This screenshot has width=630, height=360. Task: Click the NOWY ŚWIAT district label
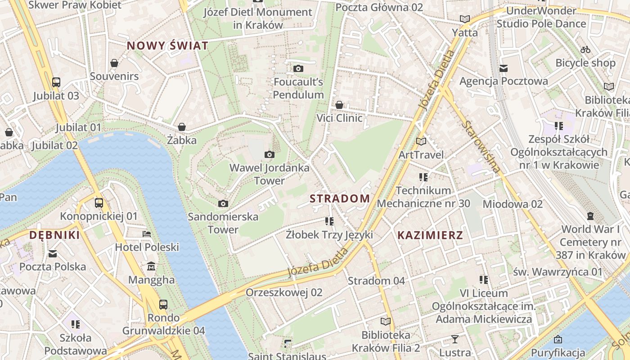167,45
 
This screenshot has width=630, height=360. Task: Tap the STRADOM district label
340,198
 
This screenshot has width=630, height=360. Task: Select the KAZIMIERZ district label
430,235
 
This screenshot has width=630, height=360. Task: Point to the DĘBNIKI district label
54,235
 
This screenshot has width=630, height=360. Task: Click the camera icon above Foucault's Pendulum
298,68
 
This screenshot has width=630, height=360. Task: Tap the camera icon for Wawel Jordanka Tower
270,155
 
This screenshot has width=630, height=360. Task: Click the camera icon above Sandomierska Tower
223,203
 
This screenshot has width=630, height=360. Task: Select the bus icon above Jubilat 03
56,82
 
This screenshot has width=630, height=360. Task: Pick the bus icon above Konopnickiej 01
99,203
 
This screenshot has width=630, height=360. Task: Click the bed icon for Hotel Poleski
147,234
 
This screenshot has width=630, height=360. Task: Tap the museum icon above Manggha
151,266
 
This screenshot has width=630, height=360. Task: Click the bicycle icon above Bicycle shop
585,49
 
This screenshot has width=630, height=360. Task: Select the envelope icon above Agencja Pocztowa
504,68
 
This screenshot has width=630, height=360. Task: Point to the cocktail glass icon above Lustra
455,339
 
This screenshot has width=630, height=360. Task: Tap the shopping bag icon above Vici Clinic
339,105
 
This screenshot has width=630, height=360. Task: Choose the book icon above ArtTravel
421,141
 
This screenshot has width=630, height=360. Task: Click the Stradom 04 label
376,281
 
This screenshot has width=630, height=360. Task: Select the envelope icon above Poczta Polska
53,253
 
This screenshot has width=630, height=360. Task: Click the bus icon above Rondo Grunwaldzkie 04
163,305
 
